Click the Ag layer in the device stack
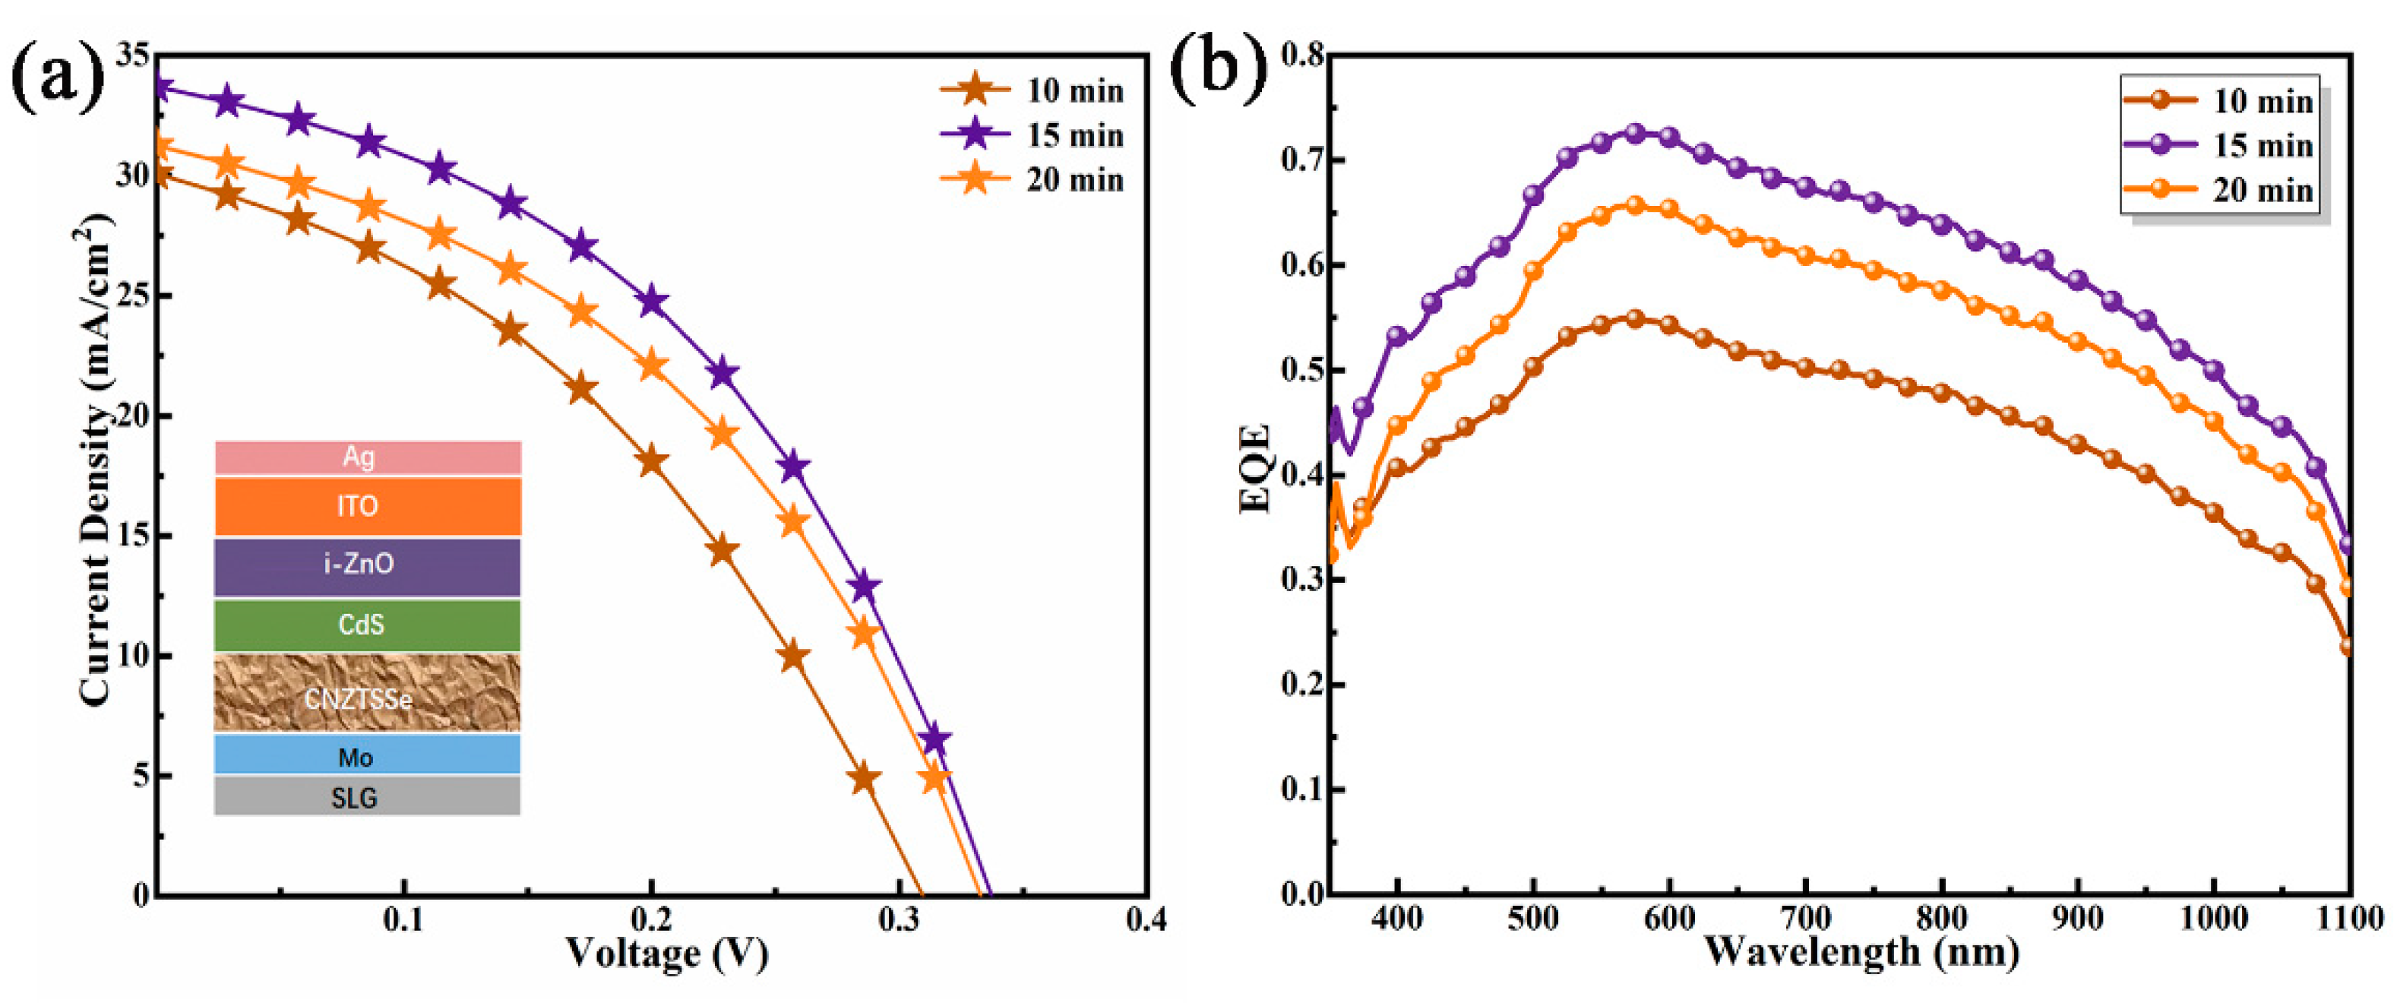point(368,457)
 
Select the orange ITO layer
point(368,506)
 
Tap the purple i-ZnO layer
point(368,565)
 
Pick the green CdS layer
point(368,625)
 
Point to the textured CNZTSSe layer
point(368,693)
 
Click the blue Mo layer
point(368,755)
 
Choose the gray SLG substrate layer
point(368,796)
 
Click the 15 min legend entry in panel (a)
point(1032,135)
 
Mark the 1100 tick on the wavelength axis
point(2350,919)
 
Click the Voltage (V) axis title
point(666,953)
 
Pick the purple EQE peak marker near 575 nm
point(1635,133)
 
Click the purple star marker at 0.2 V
point(653,302)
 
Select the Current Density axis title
point(96,460)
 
